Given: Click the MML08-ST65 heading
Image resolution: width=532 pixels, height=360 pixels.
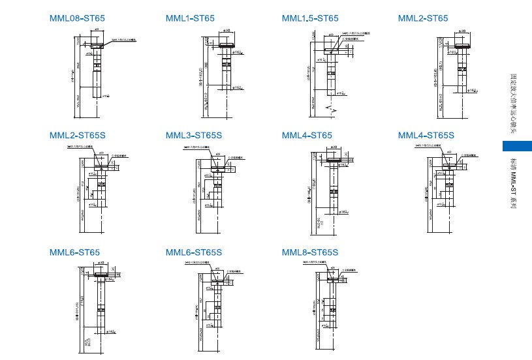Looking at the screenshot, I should pos(75,18).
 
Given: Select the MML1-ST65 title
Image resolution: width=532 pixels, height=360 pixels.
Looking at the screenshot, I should pos(190,18).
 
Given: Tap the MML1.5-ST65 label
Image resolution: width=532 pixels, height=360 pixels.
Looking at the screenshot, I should pos(310,18).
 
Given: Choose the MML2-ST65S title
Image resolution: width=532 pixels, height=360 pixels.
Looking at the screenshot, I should pos(78,136).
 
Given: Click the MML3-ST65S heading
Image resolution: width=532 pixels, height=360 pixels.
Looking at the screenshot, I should pos(194,136).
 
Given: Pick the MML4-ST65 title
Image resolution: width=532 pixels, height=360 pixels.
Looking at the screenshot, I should pos(307,136).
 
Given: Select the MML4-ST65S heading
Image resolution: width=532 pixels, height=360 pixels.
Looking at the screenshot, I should pos(426,136).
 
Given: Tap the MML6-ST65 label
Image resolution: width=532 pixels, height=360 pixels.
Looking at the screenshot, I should pos(74,252).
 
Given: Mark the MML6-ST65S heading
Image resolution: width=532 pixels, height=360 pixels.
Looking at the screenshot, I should pos(194,252).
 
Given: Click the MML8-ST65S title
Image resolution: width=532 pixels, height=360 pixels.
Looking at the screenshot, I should pos(310,252).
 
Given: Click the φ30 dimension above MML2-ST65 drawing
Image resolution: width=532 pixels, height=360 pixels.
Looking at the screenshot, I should pos(462,31).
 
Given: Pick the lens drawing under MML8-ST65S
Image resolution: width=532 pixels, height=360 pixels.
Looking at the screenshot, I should pos(334,307).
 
